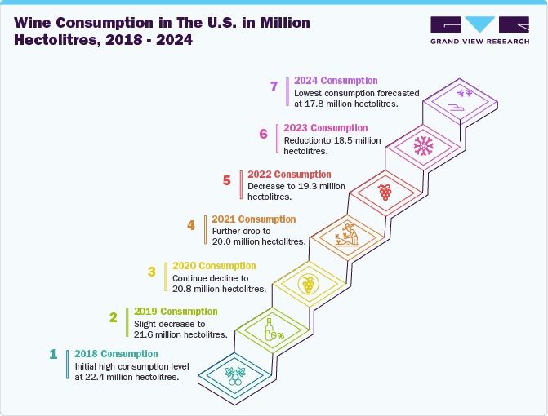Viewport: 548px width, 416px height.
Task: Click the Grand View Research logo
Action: (x=479, y=30)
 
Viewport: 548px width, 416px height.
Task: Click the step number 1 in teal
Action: (x=53, y=354)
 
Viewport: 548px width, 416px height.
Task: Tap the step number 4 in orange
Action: (x=190, y=225)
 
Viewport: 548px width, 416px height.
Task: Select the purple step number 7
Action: (x=274, y=86)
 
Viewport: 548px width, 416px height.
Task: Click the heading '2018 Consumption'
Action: (x=116, y=354)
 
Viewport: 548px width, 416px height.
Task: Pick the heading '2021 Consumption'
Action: (x=254, y=219)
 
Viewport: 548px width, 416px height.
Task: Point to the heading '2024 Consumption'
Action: (x=336, y=81)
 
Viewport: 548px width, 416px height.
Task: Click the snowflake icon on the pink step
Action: (x=422, y=146)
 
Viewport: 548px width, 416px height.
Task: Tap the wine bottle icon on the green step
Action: (x=272, y=330)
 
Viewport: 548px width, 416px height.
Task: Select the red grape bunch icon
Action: (x=385, y=193)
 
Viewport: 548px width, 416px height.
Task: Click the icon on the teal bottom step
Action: (x=234, y=374)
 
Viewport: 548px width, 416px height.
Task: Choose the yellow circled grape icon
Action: (x=308, y=284)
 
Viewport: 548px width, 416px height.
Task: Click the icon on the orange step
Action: (x=347, y=237)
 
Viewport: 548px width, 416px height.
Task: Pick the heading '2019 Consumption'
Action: (x=176, y=312)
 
